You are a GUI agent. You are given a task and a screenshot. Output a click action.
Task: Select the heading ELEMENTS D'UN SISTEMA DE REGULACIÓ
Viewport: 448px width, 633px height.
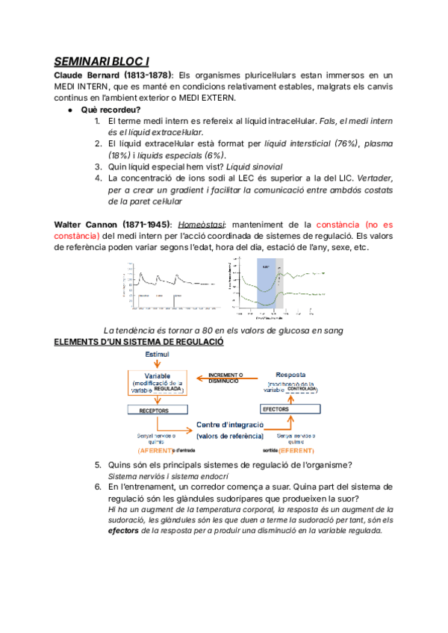(140, 342)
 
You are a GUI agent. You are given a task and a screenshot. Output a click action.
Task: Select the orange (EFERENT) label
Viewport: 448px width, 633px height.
(296, 451)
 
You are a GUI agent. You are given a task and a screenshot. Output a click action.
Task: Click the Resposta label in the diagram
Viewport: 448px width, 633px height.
(290, 374)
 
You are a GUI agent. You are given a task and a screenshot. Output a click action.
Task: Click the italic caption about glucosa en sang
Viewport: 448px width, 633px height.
(224, 331)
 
